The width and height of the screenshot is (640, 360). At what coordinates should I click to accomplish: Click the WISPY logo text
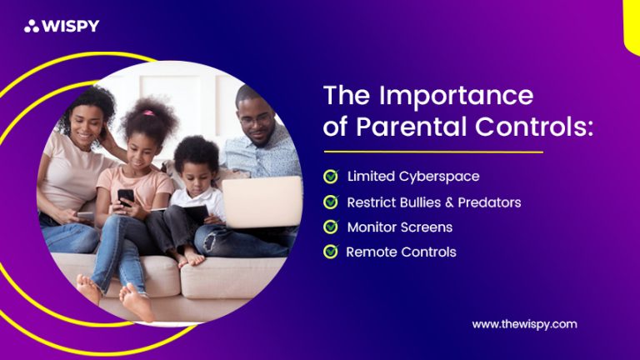[x=72, y=26]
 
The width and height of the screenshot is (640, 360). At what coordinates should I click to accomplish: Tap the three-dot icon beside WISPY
[x=32, y=26]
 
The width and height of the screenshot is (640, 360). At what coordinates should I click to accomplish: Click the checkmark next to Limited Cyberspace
[x=331, y=176]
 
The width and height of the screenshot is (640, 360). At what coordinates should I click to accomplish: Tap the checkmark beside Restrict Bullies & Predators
[x=331, y=202]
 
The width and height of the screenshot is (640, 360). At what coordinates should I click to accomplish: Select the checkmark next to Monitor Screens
[x=331, y=227]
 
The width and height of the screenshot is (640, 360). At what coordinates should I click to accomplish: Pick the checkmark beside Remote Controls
[x=331, y=252]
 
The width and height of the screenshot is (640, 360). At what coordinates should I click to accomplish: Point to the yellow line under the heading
[x=432, y=152]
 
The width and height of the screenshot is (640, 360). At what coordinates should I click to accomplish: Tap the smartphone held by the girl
[x=126, y=197]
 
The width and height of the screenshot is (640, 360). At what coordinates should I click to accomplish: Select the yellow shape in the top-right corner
[x=631, y=25]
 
